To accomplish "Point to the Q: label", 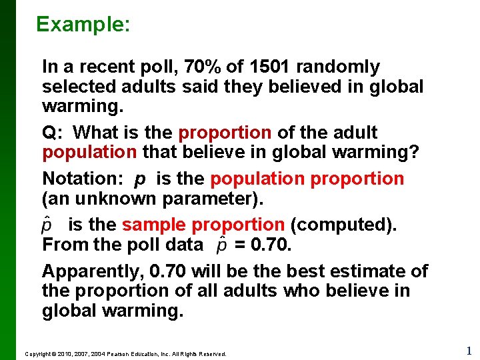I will coord(52,133).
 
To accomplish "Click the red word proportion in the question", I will coord(225,133).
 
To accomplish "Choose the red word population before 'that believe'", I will coord(89,153).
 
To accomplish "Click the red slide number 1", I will coord(469,351).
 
